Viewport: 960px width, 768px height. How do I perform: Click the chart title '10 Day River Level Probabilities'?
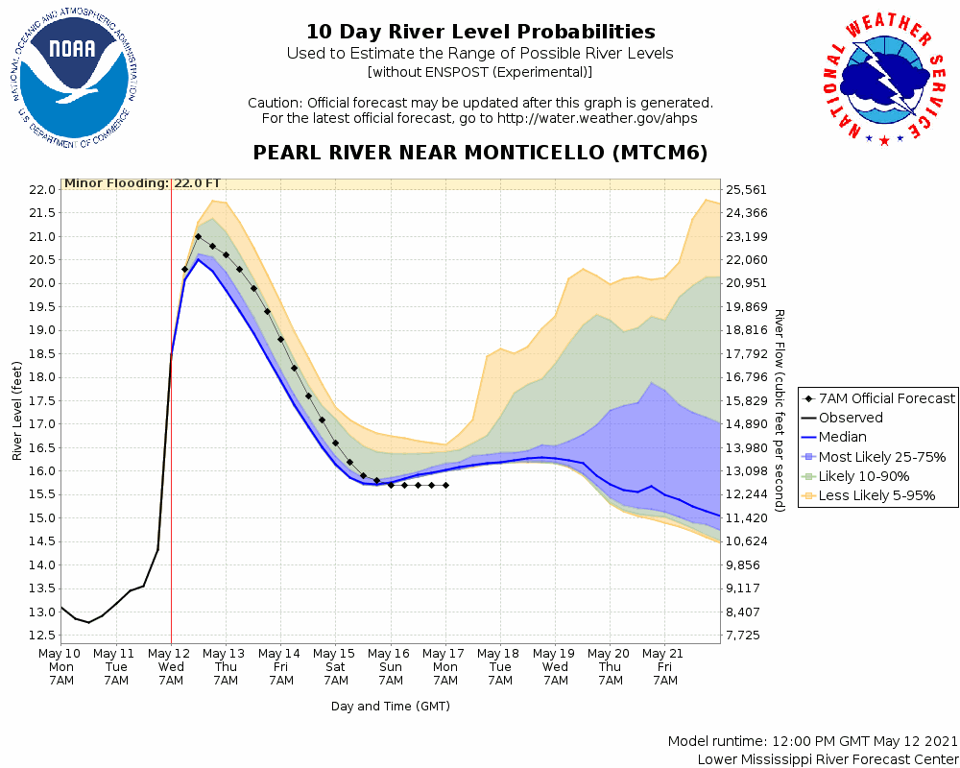480,33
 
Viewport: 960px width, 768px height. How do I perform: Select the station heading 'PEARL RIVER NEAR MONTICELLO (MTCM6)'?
480,154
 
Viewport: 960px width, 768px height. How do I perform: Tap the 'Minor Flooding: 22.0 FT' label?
142,183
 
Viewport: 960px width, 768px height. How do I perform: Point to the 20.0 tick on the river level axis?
41,283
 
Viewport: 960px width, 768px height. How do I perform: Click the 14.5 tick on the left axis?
41,541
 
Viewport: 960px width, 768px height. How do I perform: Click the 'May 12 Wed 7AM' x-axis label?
171,667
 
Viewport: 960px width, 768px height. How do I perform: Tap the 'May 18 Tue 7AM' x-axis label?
500,667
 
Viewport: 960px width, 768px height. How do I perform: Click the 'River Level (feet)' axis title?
18,411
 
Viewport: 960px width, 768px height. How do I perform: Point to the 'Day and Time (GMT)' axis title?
391,706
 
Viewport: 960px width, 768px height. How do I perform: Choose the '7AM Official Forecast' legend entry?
878,398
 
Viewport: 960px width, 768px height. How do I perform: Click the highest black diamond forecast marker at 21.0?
198,236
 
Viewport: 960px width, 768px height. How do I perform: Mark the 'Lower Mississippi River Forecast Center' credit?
828,759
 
